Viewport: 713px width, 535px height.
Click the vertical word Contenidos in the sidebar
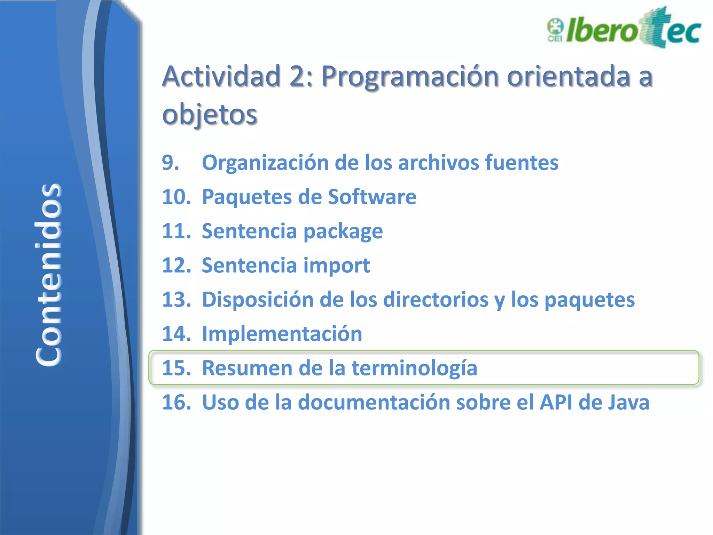tap(49, 274)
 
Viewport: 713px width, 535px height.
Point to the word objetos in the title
tap(210, 114)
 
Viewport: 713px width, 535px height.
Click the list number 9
tap(170, 163)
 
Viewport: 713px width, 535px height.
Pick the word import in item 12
tap(336, 266)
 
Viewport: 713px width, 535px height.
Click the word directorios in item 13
tap(436, 300)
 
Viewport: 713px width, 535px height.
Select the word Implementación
tap(282, 334)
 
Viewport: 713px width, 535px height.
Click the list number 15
tap(177, 368)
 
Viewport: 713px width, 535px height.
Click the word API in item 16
tap(556, 402)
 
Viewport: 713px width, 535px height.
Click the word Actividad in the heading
tap(221, 76)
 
